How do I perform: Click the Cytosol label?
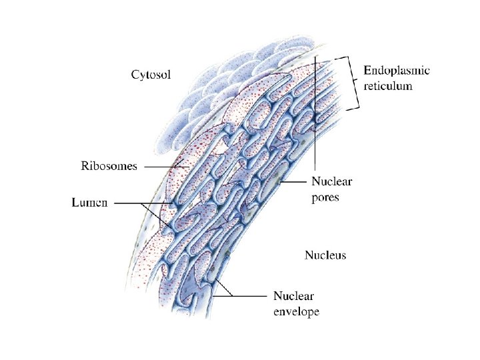tap(150, 75)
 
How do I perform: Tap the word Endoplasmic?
tap(397, 71)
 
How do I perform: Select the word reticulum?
tap(388, 85)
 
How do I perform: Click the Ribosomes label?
tap(109, 166)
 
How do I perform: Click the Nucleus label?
tap(325, 255)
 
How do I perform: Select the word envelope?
tap(297, 311)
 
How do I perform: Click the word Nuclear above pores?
tap(332, 181)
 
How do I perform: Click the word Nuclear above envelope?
tap(293, 296)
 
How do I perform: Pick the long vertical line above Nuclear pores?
tap(315, 120)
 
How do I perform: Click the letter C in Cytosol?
tap(134, 75)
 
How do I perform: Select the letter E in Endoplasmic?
tap(367, 71)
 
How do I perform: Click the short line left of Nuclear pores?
tap(294, 181)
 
